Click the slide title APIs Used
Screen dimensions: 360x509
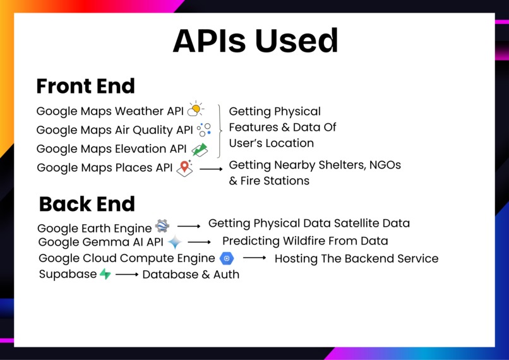tap(255, 42)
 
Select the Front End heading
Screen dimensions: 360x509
tap(85, 86)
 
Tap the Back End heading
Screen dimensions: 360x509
tap(87, 204)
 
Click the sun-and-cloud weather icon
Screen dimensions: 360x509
tap(196, 110)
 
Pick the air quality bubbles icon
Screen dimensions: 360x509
tap(204, 129)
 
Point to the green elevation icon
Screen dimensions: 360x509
tap(200, 149)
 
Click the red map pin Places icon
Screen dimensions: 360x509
tap(184, 168)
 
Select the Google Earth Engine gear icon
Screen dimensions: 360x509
tap(162, 226)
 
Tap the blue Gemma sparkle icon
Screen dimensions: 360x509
tap(174, 243)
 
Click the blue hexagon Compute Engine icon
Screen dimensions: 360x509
tap(227, 258)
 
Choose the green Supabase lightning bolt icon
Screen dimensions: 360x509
tap(105, 274)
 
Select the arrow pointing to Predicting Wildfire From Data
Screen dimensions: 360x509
tap(199, 242)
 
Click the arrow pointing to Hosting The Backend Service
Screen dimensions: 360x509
tap(254, 258)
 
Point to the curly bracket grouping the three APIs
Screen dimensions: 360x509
tap(220, 130)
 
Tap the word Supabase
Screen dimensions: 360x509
tap(68, 274)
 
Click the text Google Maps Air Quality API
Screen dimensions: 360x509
tap(114, 130)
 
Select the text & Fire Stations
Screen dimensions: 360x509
tap(269, 181)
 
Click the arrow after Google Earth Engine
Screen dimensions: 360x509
tap(188, 225)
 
